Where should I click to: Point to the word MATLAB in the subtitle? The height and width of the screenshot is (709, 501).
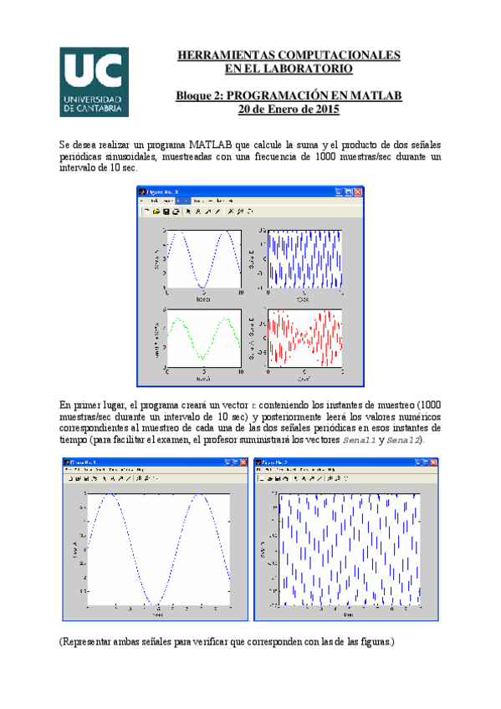(375, 95)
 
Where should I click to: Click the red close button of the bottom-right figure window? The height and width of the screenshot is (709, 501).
(432, 462)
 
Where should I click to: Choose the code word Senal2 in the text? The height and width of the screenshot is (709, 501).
(405, 440)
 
